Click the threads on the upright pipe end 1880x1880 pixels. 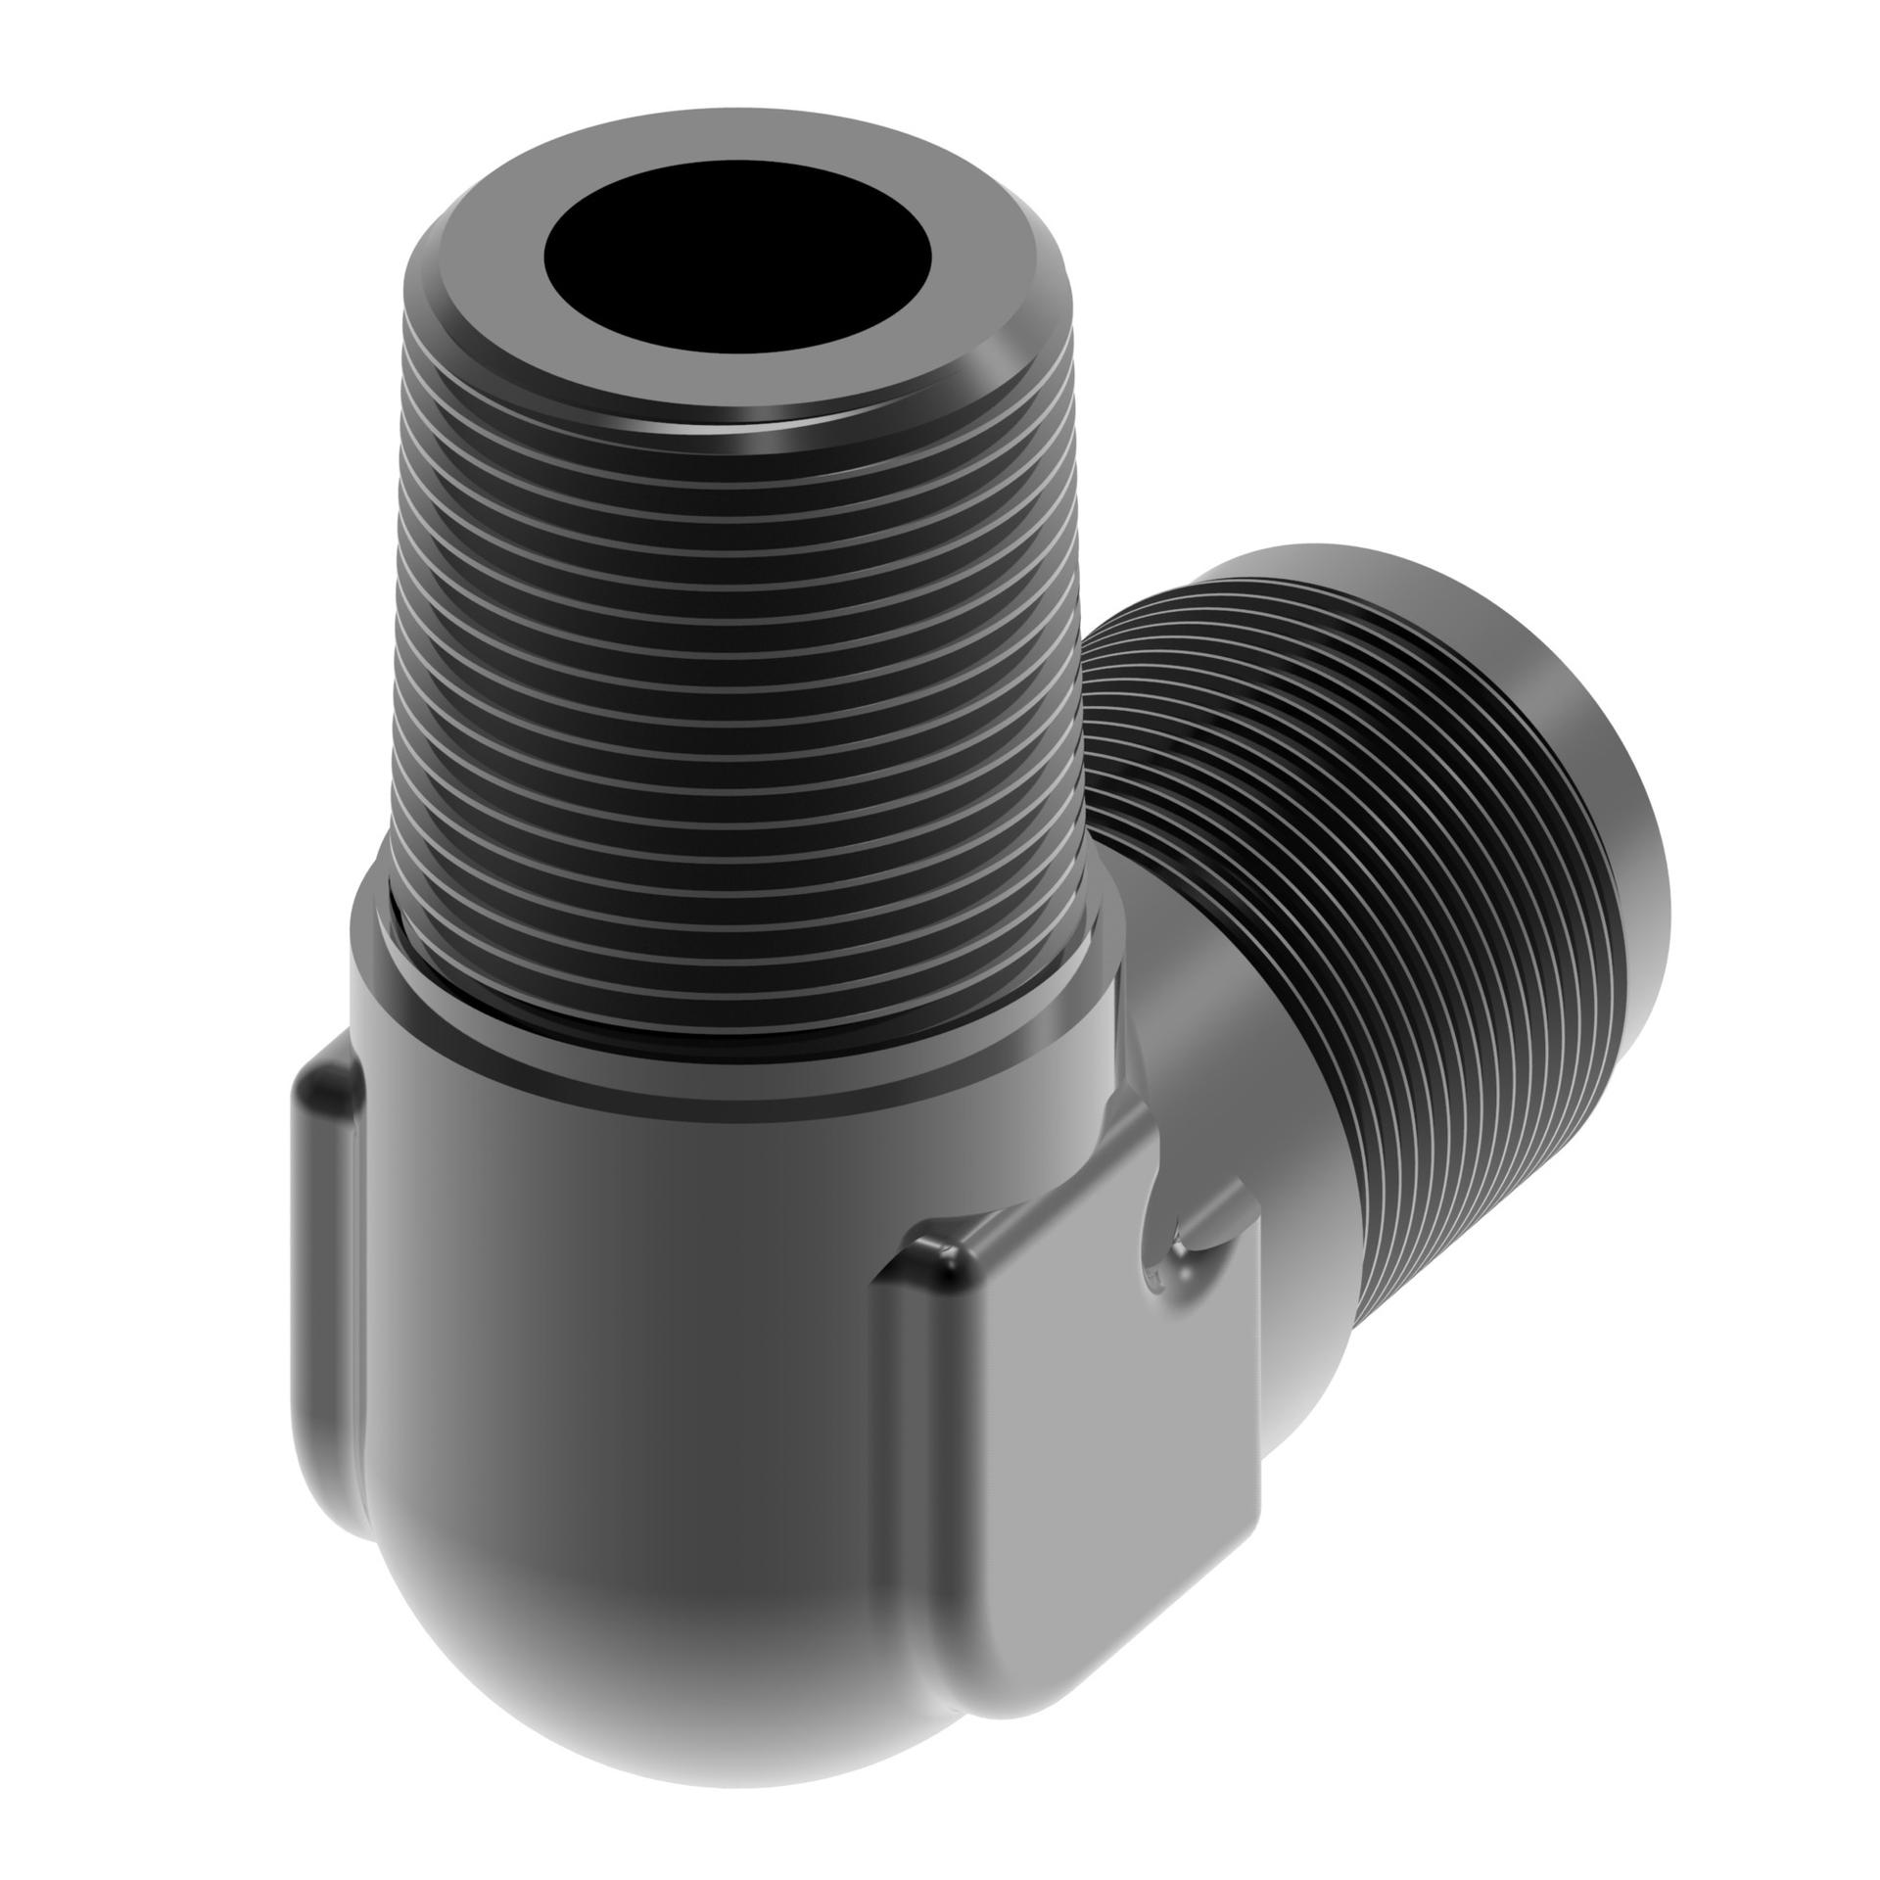734,685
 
